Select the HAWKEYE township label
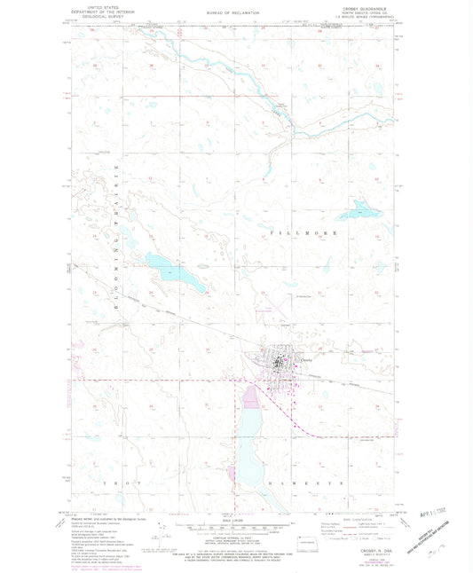point(286,481)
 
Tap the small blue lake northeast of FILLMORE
point(359,209)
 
